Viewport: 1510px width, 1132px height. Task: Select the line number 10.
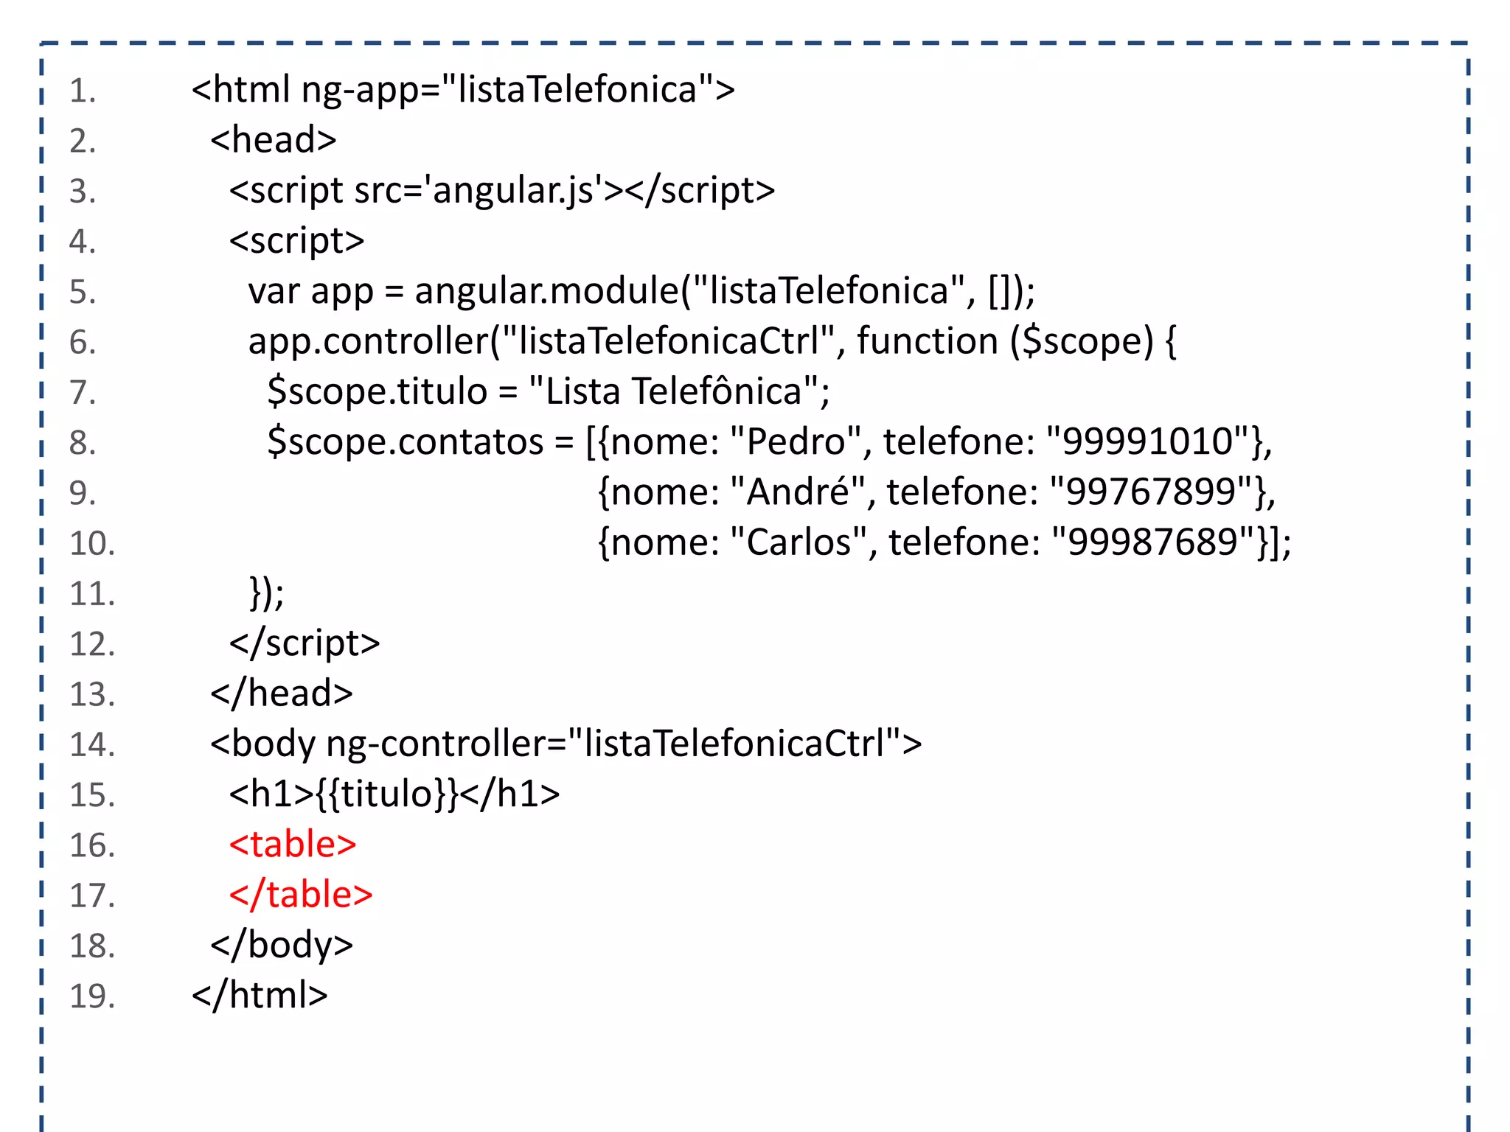point(92,544)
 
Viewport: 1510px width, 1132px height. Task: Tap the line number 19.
point(92,996)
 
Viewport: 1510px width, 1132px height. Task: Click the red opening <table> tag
point(293,845)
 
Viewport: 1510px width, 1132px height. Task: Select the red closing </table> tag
point(301,895)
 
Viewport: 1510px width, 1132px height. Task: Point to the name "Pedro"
point(796,442)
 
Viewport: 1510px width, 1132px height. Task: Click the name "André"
point(798,492)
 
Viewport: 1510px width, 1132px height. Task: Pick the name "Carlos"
point(799,542)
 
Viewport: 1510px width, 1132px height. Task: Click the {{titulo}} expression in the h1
point(388,794)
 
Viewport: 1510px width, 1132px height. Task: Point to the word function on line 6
point(927,341)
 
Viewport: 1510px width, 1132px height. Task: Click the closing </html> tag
point(260,996)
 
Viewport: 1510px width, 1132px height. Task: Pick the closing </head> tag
point(281,694)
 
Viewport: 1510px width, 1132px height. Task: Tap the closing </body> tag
point(282,946)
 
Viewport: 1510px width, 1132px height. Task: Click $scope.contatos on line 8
point(405,442)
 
